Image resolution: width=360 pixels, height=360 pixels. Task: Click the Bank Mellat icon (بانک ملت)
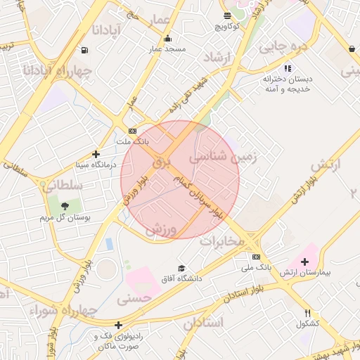pos(132,131)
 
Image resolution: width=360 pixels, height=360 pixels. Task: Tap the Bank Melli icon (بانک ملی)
pos(256,257)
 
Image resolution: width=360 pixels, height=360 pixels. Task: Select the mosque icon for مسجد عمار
pos(167,39)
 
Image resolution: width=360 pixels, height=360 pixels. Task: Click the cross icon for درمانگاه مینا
pos(96,154)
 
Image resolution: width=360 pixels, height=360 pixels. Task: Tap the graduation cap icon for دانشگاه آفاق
pos(182,268)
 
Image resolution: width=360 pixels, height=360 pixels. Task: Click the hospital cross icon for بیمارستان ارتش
pos(304,262)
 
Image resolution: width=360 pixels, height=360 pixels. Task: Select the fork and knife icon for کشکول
pos(307,313)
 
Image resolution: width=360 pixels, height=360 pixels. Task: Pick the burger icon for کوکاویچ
pos(227,15)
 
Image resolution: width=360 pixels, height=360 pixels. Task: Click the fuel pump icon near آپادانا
pos(85,50)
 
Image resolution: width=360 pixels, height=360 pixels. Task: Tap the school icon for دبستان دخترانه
pos(287,68)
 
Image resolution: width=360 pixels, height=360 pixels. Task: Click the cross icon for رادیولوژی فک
pos(119,325)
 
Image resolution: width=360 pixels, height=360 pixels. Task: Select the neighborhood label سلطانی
pos(62,186)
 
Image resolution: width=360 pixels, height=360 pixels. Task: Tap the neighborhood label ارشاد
pos(217,57)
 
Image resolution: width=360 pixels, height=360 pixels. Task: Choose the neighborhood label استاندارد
pos(203,323)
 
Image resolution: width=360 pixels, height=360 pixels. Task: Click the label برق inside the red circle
pos(162,161)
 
